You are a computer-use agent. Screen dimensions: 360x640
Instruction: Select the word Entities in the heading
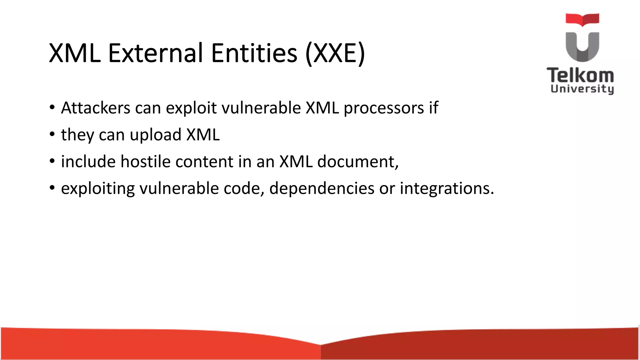click(254, 53)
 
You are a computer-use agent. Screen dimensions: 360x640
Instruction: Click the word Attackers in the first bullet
click(95, 108)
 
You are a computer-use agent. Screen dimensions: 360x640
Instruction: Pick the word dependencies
click(322, 189)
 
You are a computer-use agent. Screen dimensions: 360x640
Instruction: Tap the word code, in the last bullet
click(244, 189)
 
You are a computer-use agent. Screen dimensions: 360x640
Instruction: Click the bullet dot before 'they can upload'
click(52, 135)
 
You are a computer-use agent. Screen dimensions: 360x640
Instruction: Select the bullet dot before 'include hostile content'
click(52, 162)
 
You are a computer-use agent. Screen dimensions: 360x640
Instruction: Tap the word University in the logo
click(582, 89)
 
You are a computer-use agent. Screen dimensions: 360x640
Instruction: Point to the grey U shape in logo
click(582, 47)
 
